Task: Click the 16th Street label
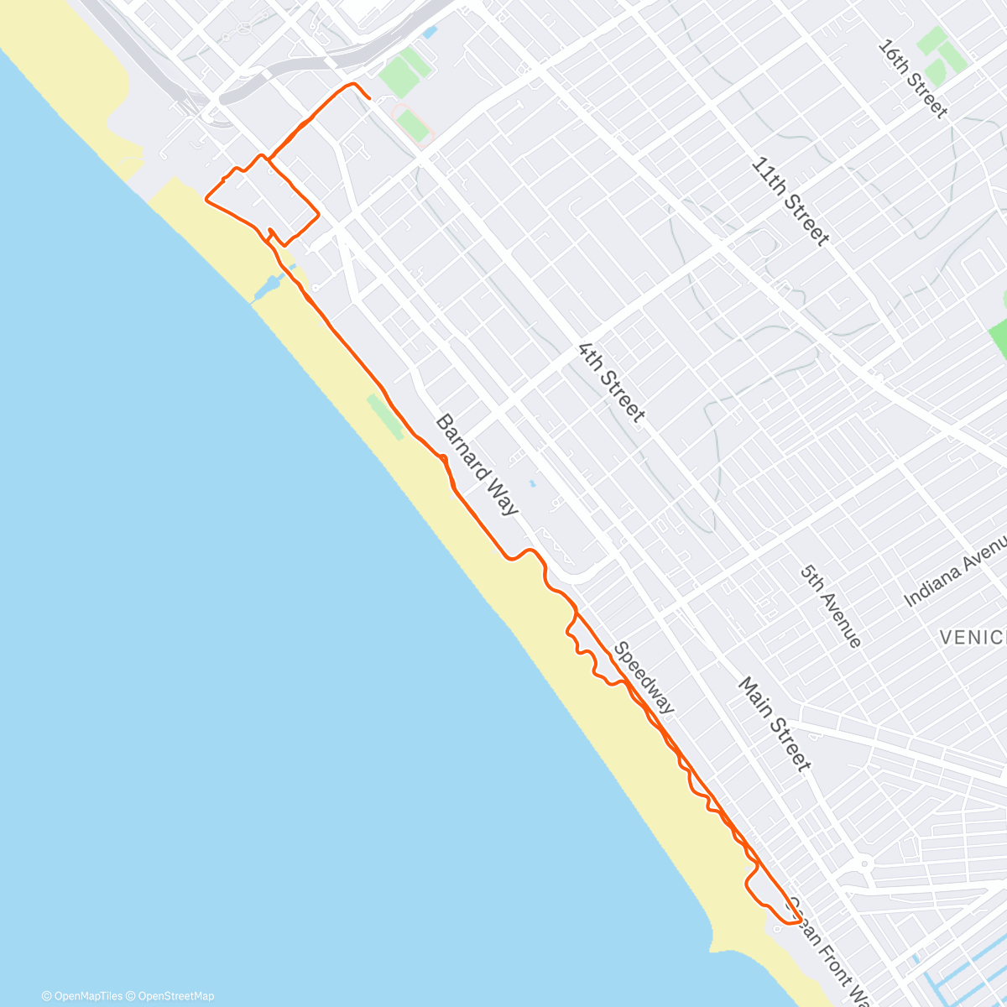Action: click(912, 79)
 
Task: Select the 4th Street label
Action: click(612, 383)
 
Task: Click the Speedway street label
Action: click(644, 678)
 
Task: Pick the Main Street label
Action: click(775, 723)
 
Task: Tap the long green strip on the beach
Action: click(384, 417)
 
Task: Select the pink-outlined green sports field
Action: click(413, 124)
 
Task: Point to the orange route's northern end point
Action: click(369, 98)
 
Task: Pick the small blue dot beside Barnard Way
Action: click(531, 483)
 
